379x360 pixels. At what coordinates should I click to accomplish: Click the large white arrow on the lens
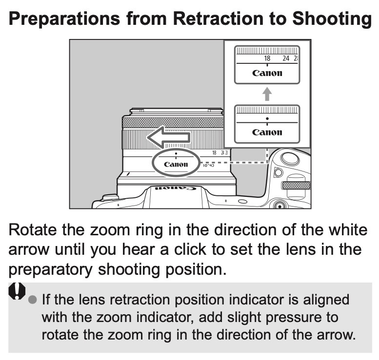[x=168, y=138]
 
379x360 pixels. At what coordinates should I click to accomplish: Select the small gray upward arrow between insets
[x=267, y=94]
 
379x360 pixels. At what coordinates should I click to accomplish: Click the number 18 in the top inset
[x=267, y=58]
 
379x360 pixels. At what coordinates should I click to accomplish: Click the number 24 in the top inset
[x=286, y=58]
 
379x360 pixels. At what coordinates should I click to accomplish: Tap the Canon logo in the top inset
[x=267, y=73]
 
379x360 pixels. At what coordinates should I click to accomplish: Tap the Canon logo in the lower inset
[x=267, y=132]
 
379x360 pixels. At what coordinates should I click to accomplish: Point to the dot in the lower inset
[x=267, y=118]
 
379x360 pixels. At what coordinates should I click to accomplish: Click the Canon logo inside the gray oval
[x=176, y=164]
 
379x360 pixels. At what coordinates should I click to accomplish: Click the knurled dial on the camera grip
[x=297, y=185]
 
